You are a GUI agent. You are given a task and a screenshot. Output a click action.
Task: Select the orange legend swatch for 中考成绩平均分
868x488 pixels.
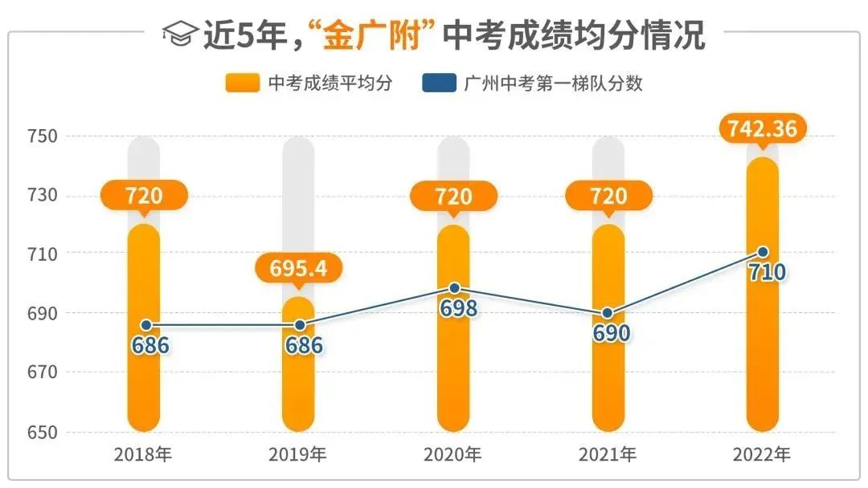[243, 83]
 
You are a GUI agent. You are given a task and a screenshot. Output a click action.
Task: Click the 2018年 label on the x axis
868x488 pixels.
[143, 455]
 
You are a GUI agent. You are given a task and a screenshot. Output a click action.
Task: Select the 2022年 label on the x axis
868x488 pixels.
[762, 455]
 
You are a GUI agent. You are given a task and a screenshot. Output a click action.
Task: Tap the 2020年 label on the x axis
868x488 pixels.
[452, 455]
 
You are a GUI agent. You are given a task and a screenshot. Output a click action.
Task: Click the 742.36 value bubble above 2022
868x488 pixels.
[763, 128]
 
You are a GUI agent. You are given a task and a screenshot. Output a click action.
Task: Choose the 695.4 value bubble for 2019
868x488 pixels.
[298, 268]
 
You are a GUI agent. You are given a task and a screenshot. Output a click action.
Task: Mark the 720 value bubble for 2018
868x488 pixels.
[144, 195]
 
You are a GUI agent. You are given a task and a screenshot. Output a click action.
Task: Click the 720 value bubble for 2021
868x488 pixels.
[608, 195]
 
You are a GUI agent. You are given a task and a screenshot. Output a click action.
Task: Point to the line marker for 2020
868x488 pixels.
[454, 288]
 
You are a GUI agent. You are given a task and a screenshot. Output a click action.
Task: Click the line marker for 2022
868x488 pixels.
[763, 252]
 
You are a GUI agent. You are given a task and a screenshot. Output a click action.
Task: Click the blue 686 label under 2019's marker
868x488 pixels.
[303, 345]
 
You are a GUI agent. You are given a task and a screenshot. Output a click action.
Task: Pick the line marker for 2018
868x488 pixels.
[145, 325]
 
